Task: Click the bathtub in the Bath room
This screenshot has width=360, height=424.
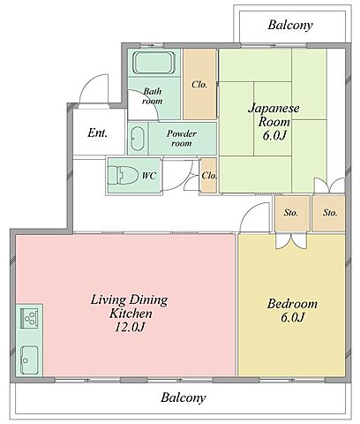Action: coord(154,63)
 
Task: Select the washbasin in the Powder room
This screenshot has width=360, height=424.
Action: coord(137,139)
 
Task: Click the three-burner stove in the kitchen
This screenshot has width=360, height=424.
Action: coord(29,318)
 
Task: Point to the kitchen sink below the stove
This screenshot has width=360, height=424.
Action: coord(29,360)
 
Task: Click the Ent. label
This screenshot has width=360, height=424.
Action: coord(97,132)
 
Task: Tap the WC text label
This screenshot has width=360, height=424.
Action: coord(149,176)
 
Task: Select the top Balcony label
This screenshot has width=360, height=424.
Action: coord(290,25)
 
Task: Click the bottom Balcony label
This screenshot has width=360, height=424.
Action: coord(183,397)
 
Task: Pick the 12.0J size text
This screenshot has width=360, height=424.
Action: coord(130,327)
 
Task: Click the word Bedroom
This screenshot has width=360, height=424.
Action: coord(292,304)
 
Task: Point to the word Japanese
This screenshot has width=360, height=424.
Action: coord(274,108)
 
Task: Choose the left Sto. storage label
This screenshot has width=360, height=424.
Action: coord(291,213)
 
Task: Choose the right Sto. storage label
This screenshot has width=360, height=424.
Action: coord(330,213)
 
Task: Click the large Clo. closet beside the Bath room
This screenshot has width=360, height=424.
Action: coord(199,85)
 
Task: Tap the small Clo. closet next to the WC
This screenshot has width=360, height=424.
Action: coord(208,176)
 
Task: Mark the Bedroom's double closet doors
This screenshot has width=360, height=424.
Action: coord(291,241)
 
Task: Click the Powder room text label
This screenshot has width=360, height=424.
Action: coord(182,139)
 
